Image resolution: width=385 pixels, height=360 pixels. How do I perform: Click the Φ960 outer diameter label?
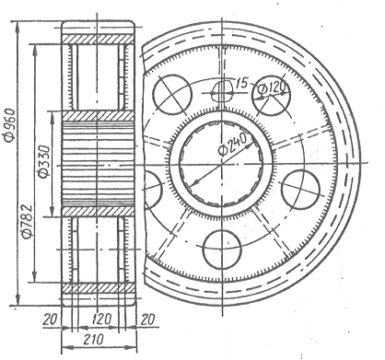[10, 125]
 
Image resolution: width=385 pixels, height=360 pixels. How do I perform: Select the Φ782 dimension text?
[27, 221]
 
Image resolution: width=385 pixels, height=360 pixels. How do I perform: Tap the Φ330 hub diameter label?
[43, 162]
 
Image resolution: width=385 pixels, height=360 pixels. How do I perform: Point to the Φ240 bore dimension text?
[232, 144]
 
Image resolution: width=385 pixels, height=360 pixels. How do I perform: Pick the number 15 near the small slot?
[241, 82]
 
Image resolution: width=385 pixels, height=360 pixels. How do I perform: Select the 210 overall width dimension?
[93, 340]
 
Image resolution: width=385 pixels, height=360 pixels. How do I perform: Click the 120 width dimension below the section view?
[101, 319]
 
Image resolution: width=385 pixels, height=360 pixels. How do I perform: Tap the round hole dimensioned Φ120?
[271, 95]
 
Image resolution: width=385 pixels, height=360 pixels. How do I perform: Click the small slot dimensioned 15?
[223, 91]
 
